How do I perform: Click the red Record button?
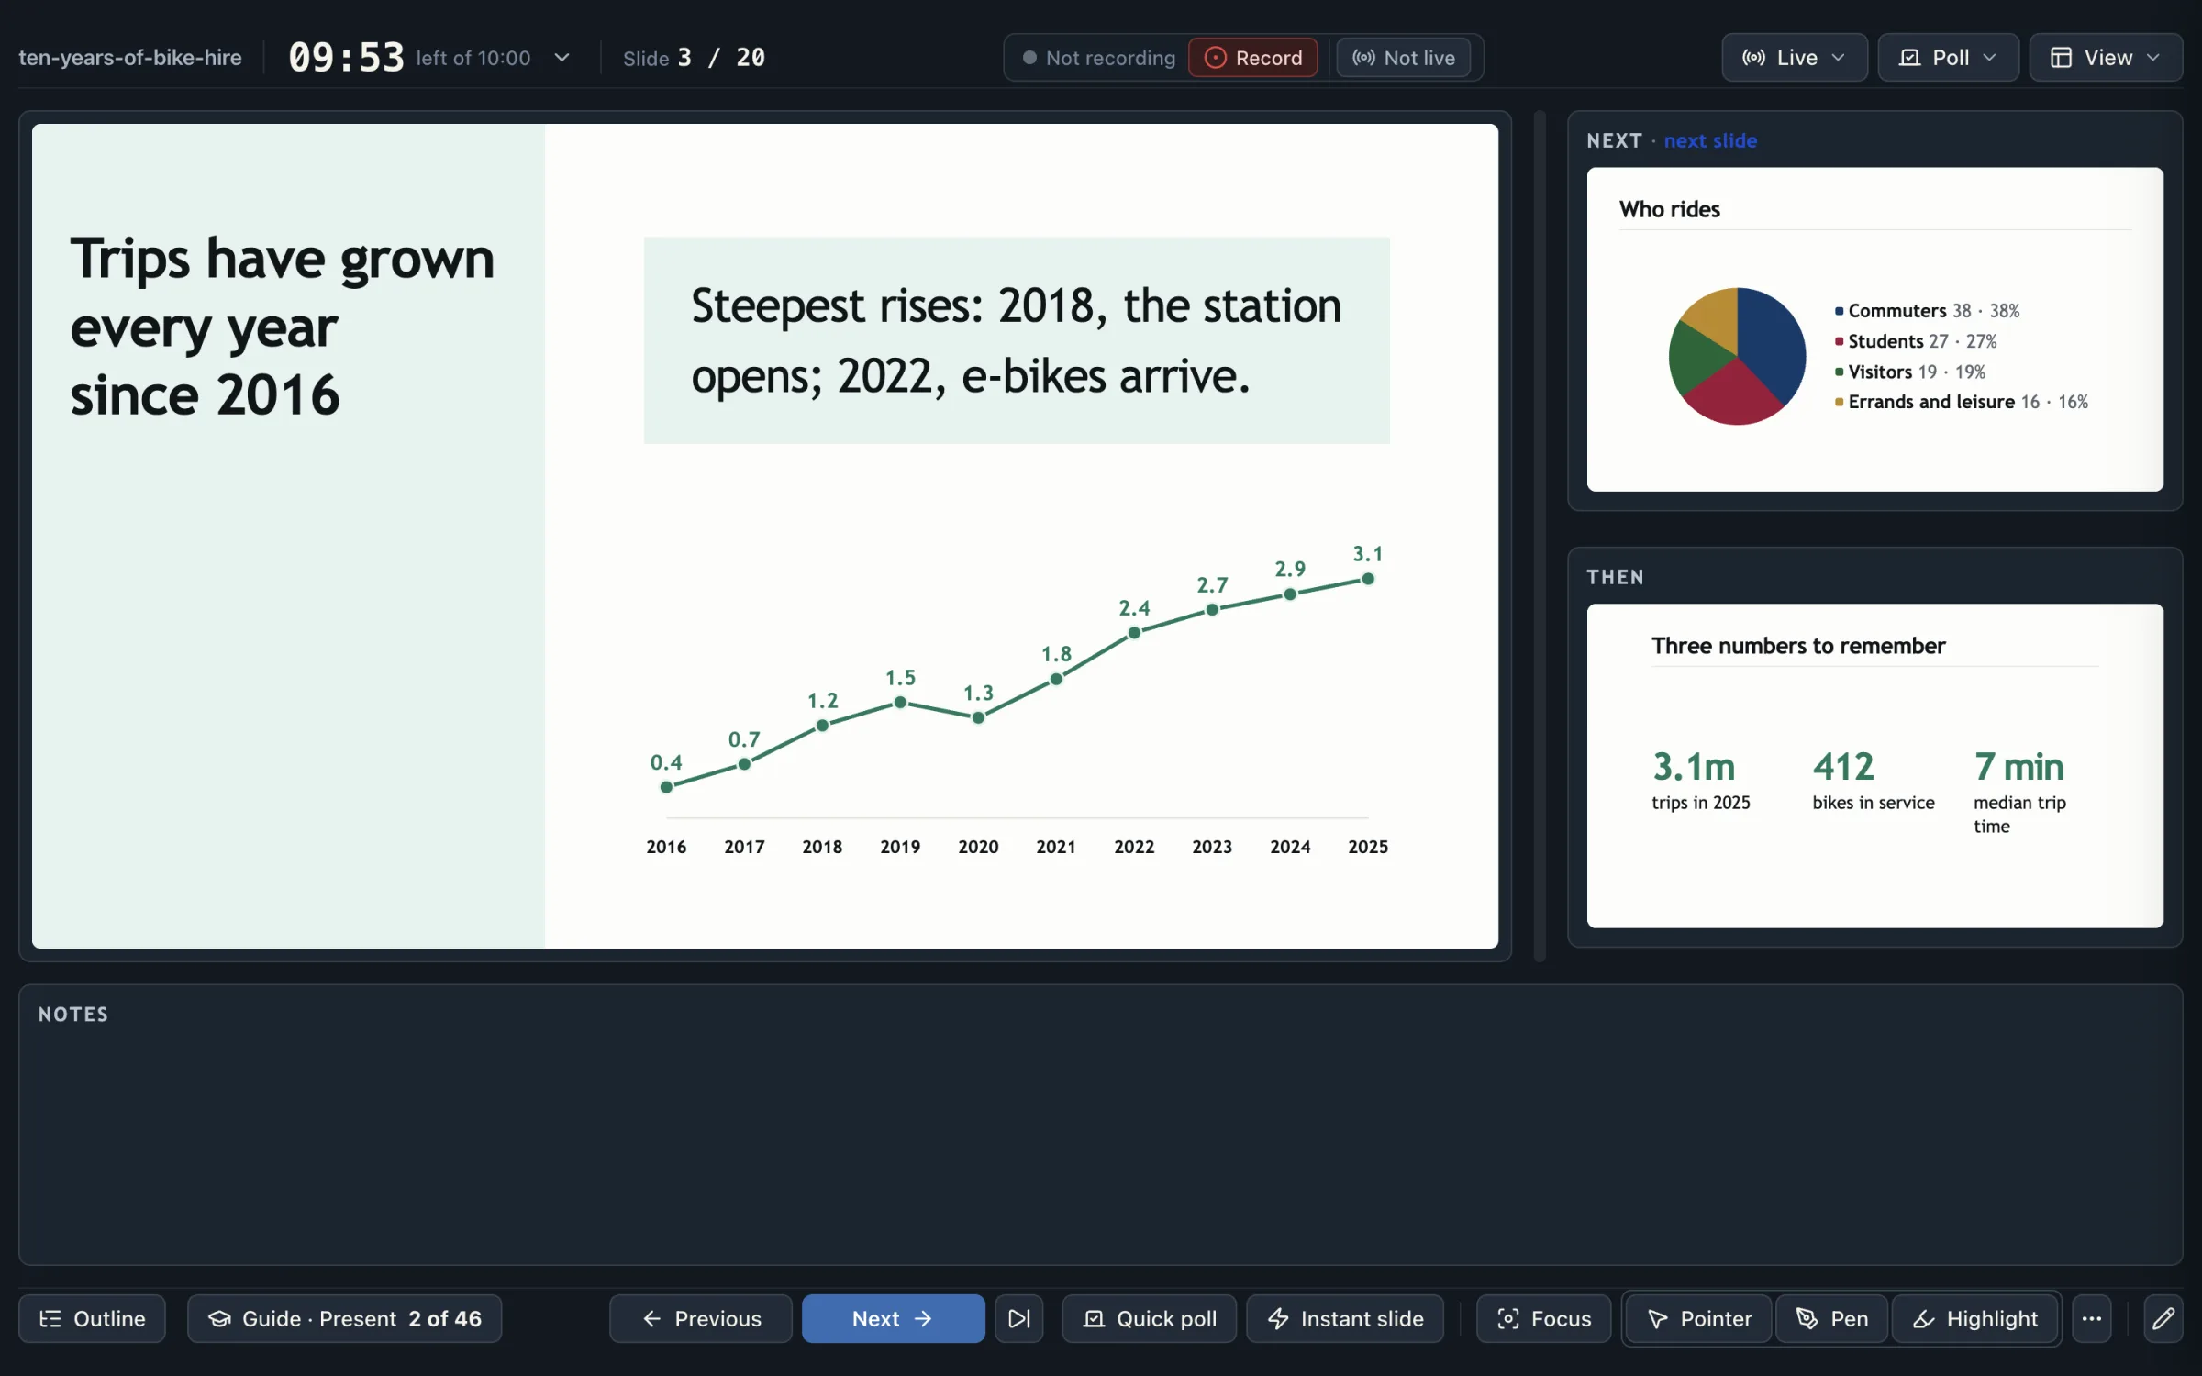(x=1252, y=58)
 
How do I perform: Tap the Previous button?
(x=701, y=1318)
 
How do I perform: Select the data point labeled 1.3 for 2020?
(x=978, y=717)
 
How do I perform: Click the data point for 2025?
(x=1368, y=579)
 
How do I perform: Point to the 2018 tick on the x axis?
(x=822, y=847)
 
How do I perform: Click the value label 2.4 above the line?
(x=1134, y=608)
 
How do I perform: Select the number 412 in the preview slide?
(x=1843, y=766)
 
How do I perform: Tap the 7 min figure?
(x=2018, y=766)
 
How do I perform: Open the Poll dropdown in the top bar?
(x=1948, y=58)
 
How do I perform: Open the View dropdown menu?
(x=2105, y=58)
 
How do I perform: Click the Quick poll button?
(x=1149, y=1318)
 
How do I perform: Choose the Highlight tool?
(x=1974, y=1318)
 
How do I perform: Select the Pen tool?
(x=1831, y=1318)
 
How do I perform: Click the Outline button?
(x=92, y=1318)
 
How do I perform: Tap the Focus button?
(x=1543, y=1318)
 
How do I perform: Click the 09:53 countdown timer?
(x=346, y=58)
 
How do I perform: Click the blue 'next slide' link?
(x=1710, y=140)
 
